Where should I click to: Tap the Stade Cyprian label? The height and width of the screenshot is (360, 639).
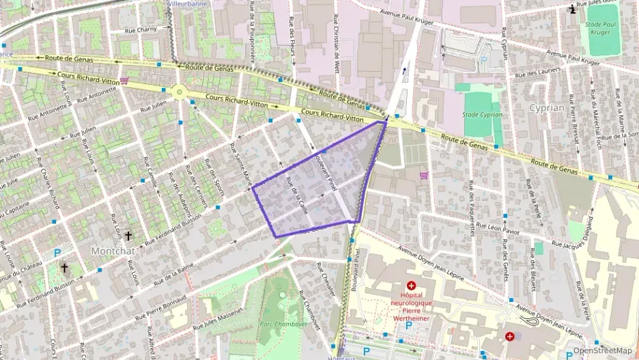[482, 115]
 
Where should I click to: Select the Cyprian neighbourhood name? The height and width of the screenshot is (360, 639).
[547, 108]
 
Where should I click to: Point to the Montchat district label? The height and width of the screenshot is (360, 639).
[110, 251]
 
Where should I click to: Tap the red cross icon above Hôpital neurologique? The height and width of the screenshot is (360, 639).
[411, 286]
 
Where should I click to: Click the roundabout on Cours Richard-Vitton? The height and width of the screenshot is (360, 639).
[180, 91]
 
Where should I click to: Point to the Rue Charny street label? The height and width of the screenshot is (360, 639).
[141, 30]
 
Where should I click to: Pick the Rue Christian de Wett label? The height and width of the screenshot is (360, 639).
[337, 42]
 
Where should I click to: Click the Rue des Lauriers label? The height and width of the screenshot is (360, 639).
[538, 73]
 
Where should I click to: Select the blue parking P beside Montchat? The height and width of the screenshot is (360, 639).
[57, 253]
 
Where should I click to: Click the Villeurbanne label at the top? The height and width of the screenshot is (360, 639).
[188, 3]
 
